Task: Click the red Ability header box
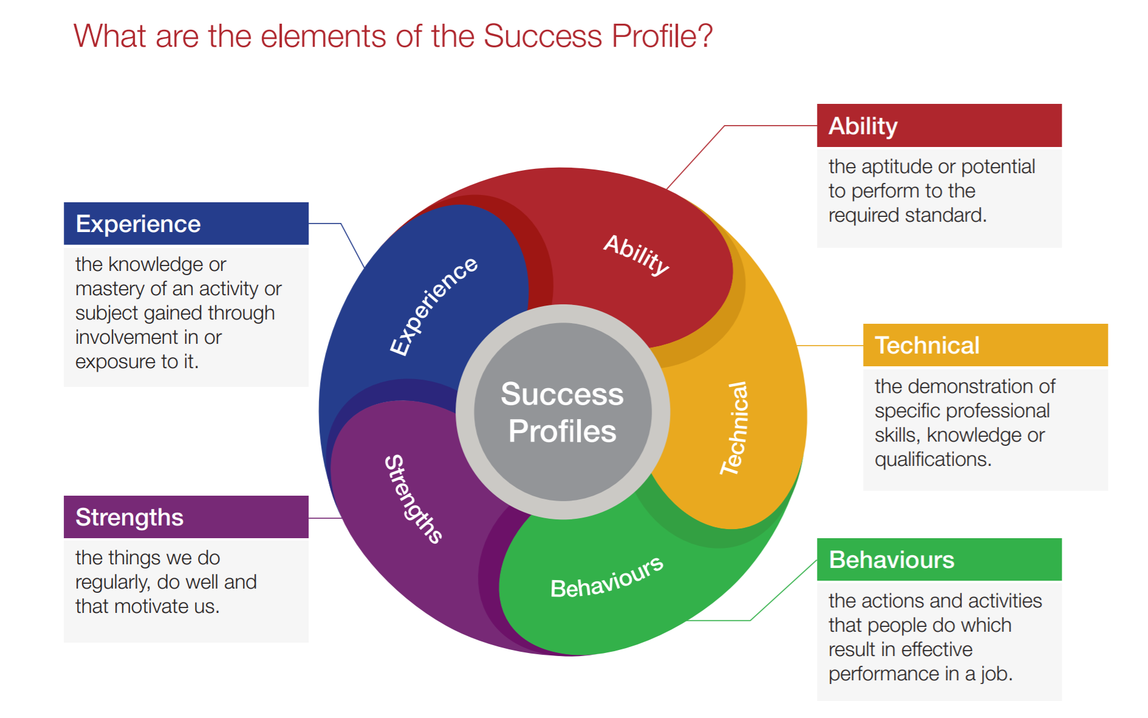938,126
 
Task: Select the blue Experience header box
186,224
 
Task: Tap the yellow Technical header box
985,345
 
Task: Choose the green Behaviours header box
938,559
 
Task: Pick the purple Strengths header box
186,517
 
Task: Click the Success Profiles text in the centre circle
562,412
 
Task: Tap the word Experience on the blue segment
433,306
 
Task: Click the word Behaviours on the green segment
606,578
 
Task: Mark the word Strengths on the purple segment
414,498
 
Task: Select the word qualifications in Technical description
932,460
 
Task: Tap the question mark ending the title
705,36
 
